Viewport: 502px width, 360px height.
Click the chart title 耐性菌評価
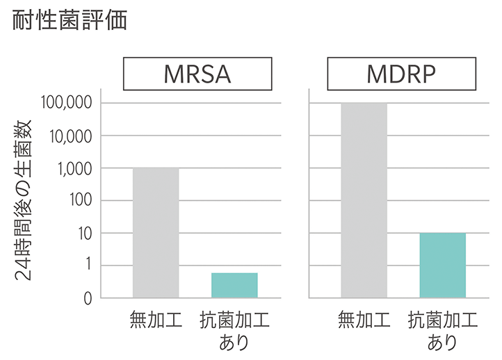70,20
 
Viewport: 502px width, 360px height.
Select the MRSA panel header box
197,73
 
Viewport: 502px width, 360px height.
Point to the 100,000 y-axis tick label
67,104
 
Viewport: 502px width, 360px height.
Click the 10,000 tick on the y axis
70,136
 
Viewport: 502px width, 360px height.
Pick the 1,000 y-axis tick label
74,169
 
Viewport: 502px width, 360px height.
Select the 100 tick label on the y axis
80,201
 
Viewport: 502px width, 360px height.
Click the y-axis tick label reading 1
88,265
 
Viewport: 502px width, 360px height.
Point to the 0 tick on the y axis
88,298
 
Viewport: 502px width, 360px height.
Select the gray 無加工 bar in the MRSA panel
156,233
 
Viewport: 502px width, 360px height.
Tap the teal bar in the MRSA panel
234,285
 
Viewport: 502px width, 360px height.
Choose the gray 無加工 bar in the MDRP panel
364,200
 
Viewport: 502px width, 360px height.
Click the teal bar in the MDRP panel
442,265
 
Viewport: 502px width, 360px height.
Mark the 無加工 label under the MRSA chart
156,320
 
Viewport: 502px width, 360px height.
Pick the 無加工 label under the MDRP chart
364,320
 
